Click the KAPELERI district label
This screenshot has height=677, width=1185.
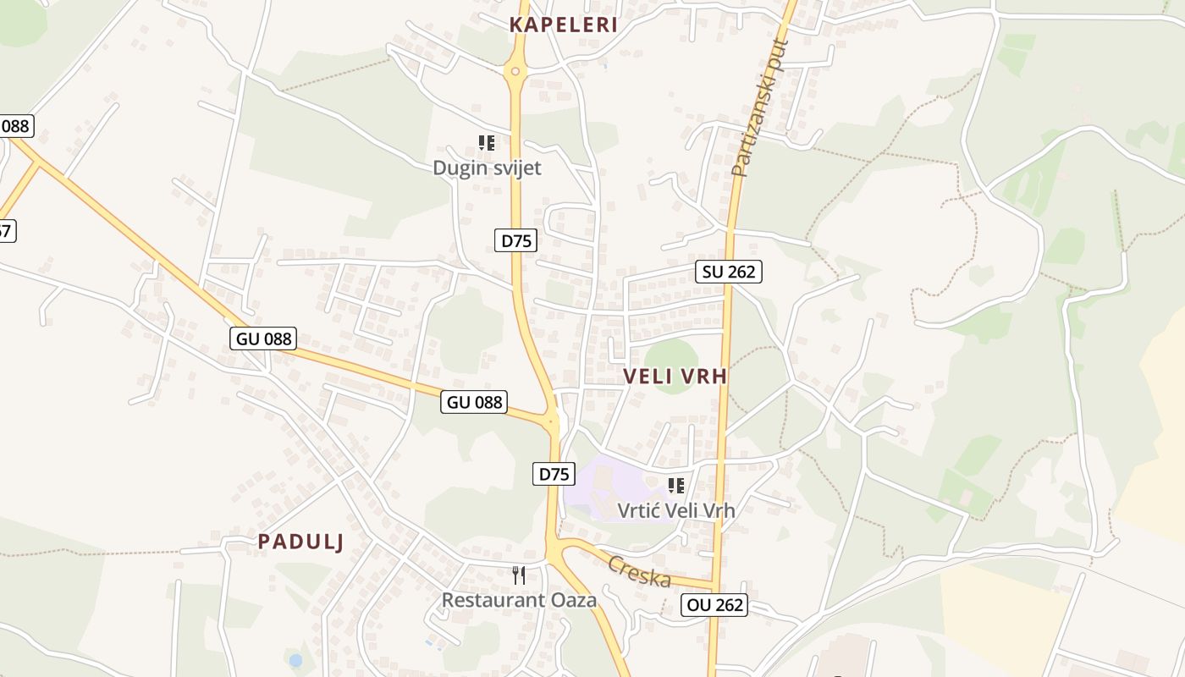[563, 25]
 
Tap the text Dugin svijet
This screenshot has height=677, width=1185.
[487, 168]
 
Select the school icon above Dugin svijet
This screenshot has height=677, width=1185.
[487, 143]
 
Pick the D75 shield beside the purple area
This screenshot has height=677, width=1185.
[554, 474]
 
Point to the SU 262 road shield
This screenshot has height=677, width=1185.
[729, 272]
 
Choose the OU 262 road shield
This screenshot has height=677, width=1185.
[714, 604]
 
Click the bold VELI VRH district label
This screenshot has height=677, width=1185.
[675, 377]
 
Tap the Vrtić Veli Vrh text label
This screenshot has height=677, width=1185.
[675, 510]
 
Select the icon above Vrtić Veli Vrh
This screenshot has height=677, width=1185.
[675, 486]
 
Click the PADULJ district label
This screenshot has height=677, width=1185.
[300, 542]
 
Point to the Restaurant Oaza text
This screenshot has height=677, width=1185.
[519, 600]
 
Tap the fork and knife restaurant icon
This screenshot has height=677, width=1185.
[519, 575]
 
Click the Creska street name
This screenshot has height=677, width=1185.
[640, 572]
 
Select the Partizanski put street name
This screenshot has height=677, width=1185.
[759, 107]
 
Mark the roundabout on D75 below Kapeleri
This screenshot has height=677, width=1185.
[515, 72]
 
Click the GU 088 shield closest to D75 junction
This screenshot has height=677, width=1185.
[474, 402]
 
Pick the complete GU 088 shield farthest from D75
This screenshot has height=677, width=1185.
[263, 339]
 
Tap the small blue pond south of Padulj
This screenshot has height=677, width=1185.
[295, 659]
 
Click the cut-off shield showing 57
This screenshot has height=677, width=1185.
[6, 230]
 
